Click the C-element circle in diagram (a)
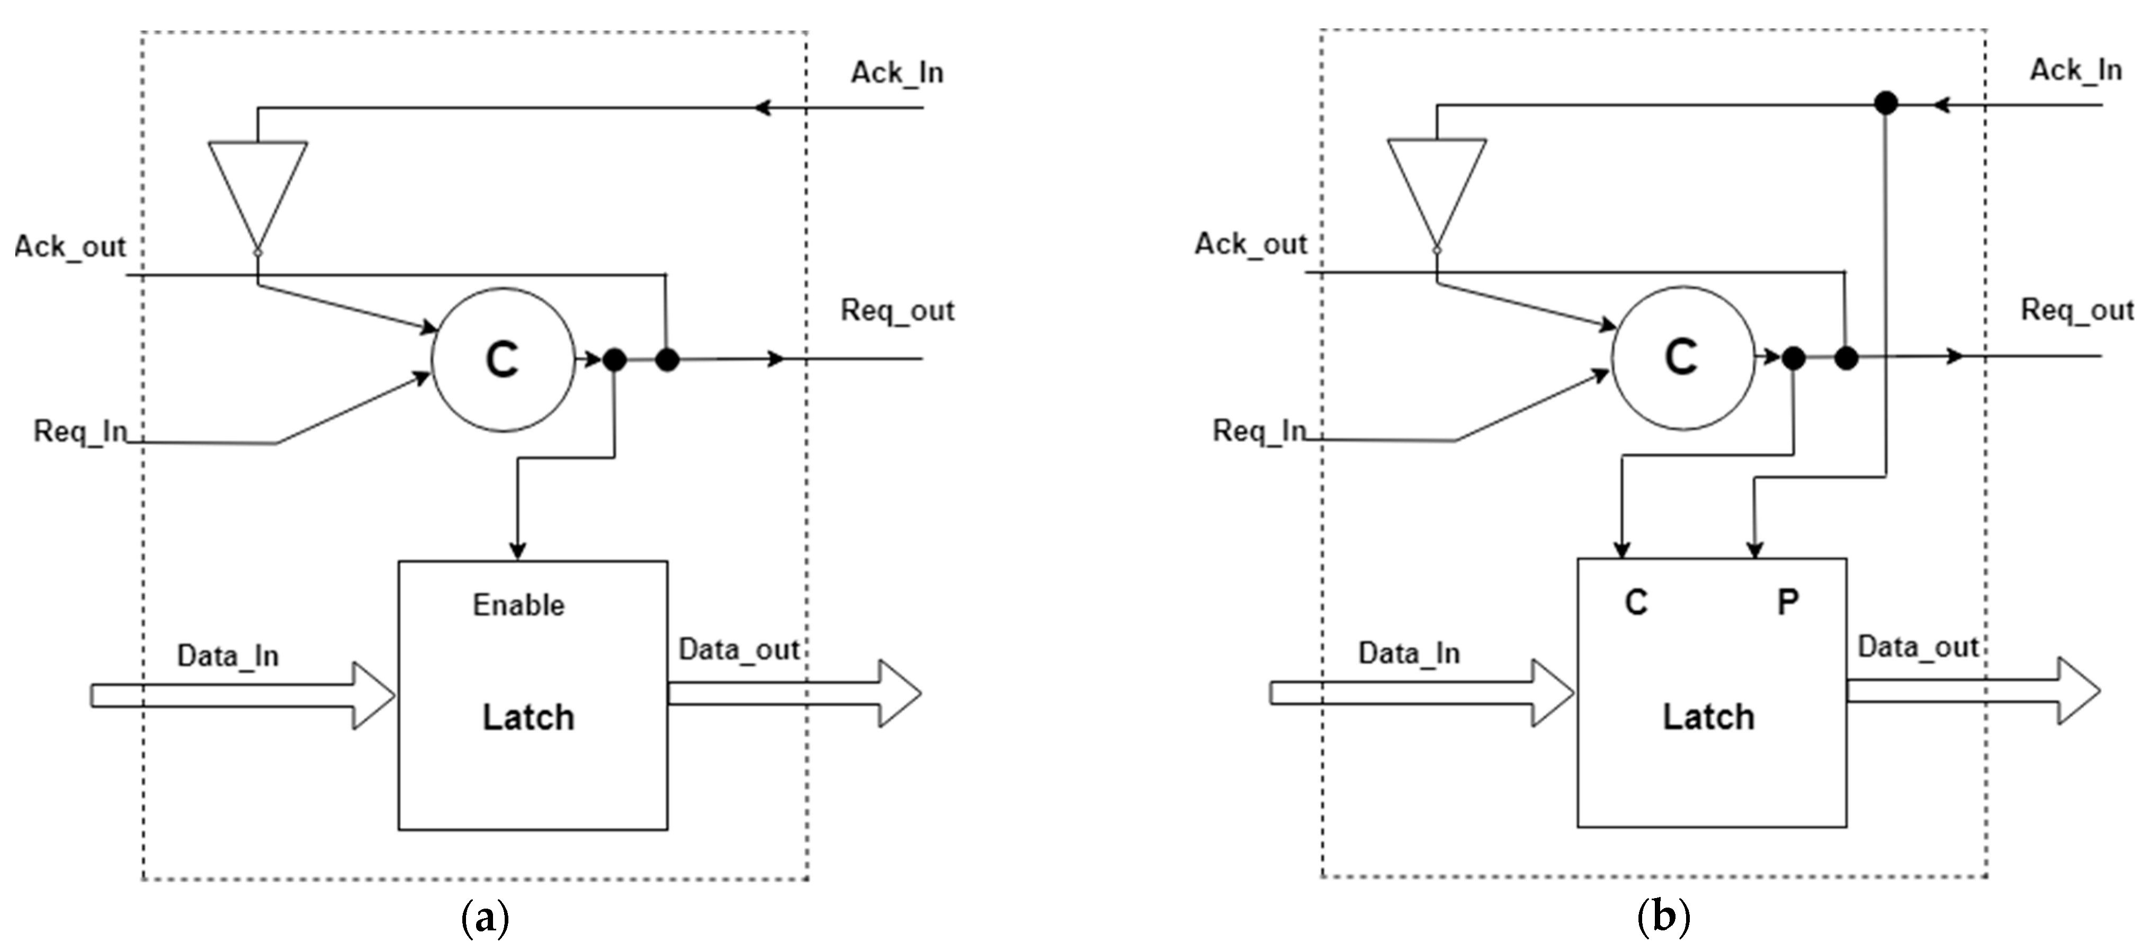point(503,360)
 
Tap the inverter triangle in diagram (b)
point(1436,185)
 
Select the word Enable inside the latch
point(518,605)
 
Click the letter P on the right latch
point(1787,602)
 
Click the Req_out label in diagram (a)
point(897,310)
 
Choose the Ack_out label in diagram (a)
point(70,247)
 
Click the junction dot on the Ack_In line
point(1885,103)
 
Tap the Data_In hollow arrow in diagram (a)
point(242,696)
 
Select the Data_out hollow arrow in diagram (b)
point(1974,690)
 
